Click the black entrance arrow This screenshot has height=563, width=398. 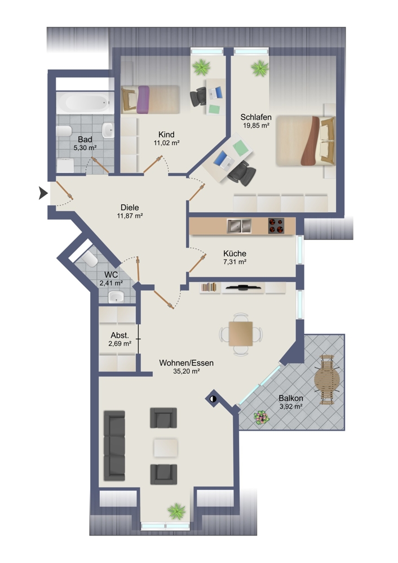coord(43,194)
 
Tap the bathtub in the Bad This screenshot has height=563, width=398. coord(85,103)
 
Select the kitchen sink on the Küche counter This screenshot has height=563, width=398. coord(239,226)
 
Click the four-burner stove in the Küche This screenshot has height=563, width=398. coord(276,226)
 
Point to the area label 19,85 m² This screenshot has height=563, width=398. coord(257,126)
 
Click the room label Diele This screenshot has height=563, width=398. coord(130,208)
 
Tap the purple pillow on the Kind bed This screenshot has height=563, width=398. coord(143,100)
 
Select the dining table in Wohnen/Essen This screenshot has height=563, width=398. coord(241,334)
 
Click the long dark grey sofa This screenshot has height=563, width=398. coord(114,445)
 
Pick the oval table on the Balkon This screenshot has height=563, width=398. coord(327,379)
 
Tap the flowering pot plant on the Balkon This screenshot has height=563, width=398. coord(261,417)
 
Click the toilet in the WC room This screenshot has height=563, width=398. coord(90,258)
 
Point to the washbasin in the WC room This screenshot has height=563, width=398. coord(116,297)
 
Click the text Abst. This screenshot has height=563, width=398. coord(120,336)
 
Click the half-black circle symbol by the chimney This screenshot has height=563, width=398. coord(213,399)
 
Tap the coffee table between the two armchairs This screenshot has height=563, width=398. coord(166,448)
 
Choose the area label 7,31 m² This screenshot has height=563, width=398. coord(235,262)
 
